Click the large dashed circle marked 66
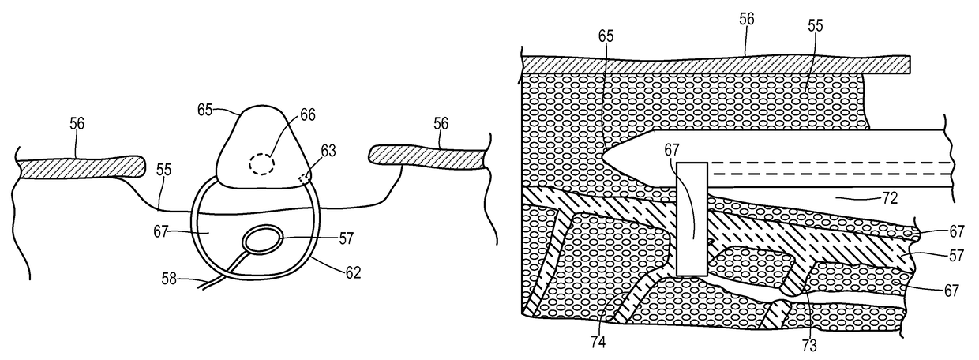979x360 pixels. click(x=261, y=164)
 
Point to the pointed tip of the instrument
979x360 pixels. click(x=605, y=156)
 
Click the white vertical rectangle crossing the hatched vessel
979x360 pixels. click(x=691, y=219)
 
